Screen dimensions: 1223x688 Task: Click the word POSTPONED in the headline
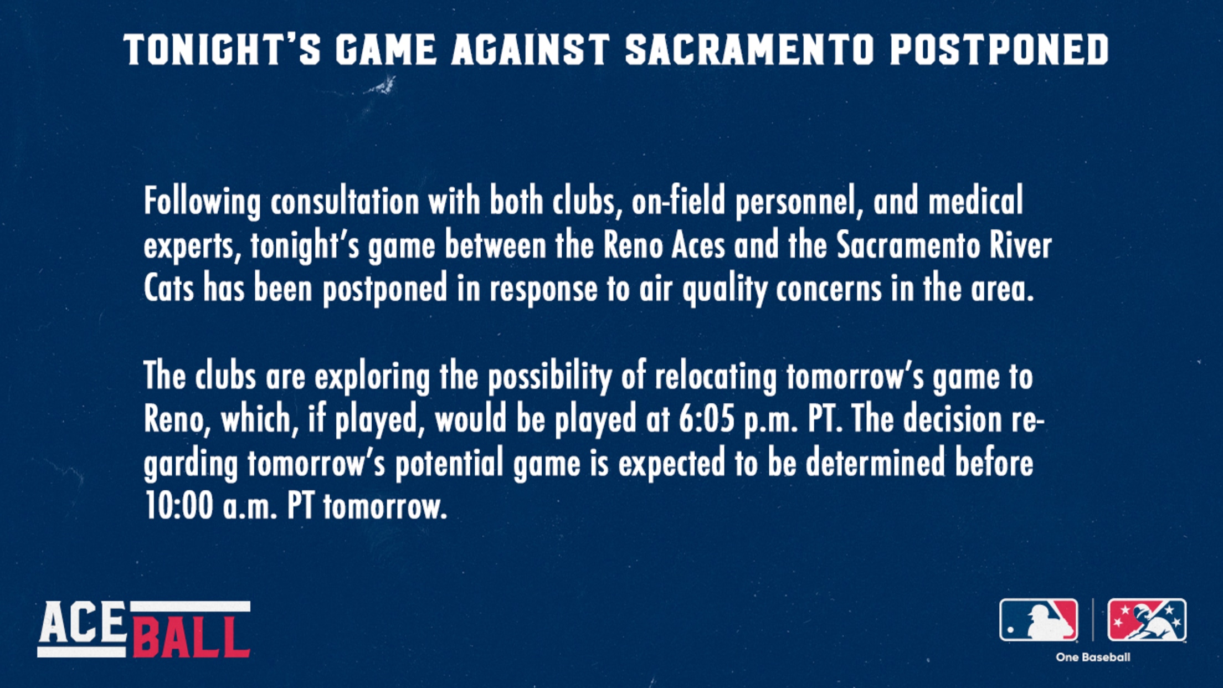click(999, 49)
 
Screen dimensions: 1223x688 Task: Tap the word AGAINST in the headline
click(531, 49)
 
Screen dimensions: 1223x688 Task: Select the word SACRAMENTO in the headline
click(749, 49)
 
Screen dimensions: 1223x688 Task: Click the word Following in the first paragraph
click(202, 202)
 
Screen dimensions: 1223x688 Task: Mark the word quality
click(724, 290)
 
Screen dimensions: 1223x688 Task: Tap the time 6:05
click(707, 420)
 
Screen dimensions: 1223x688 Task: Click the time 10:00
click(178, 506)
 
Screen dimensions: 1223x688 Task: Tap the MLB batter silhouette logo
click(1039, 620)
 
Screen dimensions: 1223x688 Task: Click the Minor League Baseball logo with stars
click(1147, 620)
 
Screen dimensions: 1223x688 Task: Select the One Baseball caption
click(1093, 658)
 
